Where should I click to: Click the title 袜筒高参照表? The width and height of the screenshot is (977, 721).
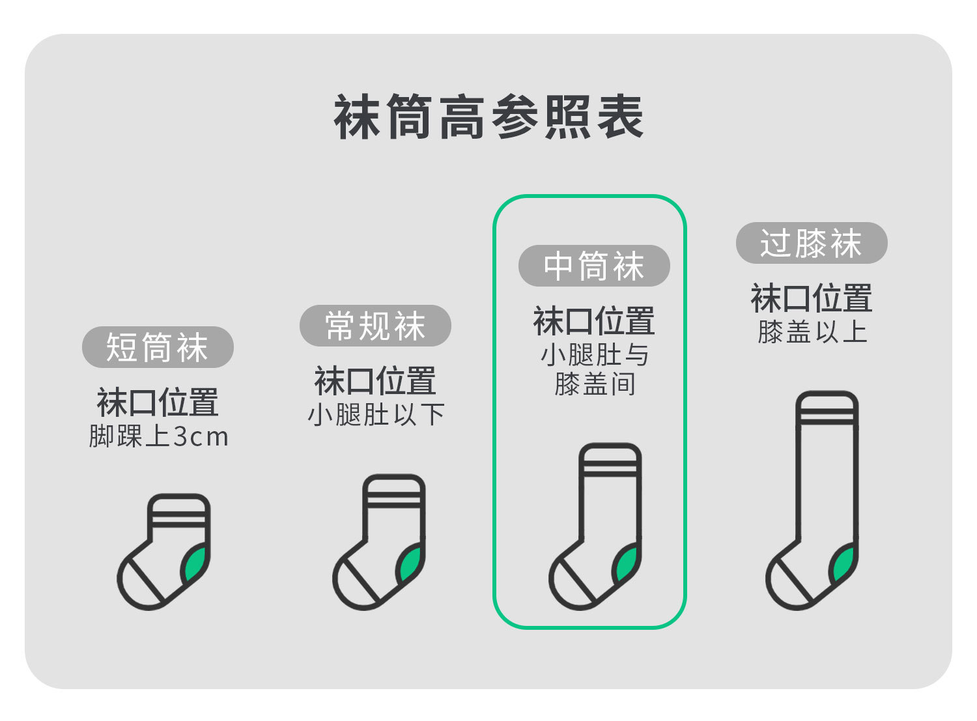[488, 118]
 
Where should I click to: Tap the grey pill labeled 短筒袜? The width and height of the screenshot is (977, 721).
[157, 347]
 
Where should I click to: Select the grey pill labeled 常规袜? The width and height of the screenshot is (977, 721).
[375, 326]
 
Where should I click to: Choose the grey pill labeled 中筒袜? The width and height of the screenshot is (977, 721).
[594, 266]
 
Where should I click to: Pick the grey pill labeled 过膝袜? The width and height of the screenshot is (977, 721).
[812, 243]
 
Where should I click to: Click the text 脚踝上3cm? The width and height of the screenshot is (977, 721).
[159, 436]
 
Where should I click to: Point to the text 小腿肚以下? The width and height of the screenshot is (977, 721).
[376, 415]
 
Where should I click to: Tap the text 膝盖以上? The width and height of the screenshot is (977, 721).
[812, 332]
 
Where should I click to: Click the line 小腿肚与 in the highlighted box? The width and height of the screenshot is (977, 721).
[595, 355]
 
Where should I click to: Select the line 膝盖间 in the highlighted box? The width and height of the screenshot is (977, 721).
[595, 384]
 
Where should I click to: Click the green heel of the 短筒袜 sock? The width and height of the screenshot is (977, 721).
[195, 564]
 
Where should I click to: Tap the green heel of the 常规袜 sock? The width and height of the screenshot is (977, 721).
[411, 564]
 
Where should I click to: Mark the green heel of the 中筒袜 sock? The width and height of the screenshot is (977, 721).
[627, 564]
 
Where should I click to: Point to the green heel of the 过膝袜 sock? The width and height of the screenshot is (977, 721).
[843, 564]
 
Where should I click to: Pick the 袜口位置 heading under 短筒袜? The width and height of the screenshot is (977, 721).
[158, 403]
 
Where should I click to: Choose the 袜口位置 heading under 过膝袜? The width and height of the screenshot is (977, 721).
[812, 299]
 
